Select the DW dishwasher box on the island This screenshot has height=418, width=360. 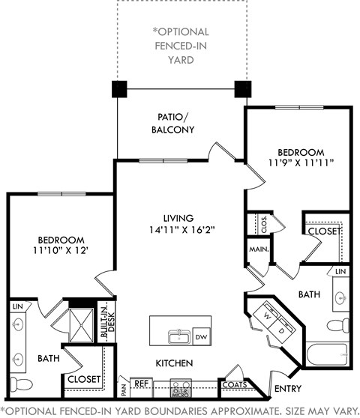(x=201, y=336)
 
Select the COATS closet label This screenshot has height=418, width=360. (x=231, y=385)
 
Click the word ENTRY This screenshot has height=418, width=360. (x=289, y=390)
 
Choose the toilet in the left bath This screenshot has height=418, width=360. (x=21, y=384)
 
